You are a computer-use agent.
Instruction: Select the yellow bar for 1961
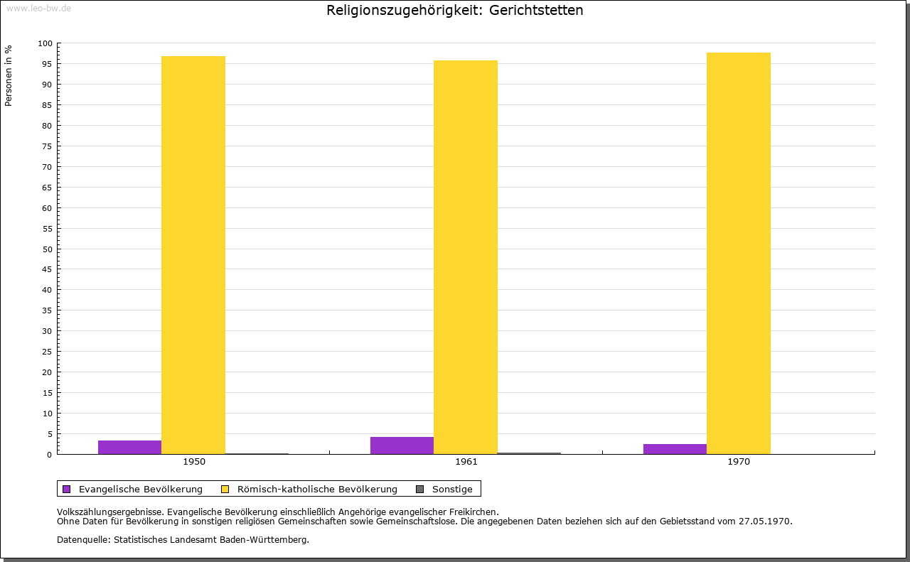coord(466,257)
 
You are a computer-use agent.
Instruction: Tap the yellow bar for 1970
coord(738,253)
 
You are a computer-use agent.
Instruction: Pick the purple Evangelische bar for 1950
coord(129,447)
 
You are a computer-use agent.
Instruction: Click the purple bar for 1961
coord(402,445)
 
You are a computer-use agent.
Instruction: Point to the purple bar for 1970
coord(675,449)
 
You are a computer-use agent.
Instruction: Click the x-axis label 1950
coord(194,462)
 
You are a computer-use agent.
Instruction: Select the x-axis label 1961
coord(466,462)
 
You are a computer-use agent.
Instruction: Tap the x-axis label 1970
coord(739,462)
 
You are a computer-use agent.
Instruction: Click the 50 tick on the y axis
coord(47,249)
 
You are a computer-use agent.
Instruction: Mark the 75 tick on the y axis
coord(47,146)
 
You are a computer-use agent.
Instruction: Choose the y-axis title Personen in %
coord(9,75)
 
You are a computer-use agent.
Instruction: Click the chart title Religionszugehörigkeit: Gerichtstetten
coord(455,11)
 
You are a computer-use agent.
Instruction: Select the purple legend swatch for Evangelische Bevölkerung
coord(67,489)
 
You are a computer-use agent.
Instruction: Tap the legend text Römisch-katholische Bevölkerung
coord(317,489)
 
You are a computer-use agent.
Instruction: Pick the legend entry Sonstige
coord(452,489)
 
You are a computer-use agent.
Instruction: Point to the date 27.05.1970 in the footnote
coord(763,521)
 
